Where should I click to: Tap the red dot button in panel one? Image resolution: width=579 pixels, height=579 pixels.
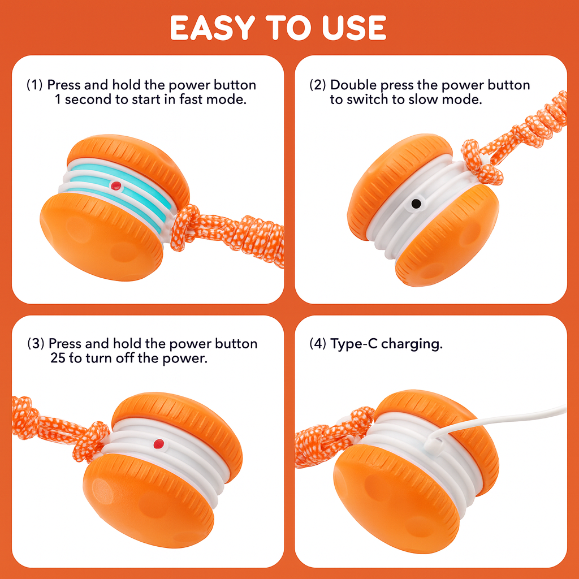(x=116, y=185)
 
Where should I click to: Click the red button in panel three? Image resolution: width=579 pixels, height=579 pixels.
(x=159, y=444)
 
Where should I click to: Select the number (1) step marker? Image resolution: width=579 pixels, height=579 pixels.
(x=34, y=85)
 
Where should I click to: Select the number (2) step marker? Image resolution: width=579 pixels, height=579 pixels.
(x=318, y=85)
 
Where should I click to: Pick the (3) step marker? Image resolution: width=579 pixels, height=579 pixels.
(x=36, y=344)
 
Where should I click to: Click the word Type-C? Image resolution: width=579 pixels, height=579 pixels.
(x=354, y=344)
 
